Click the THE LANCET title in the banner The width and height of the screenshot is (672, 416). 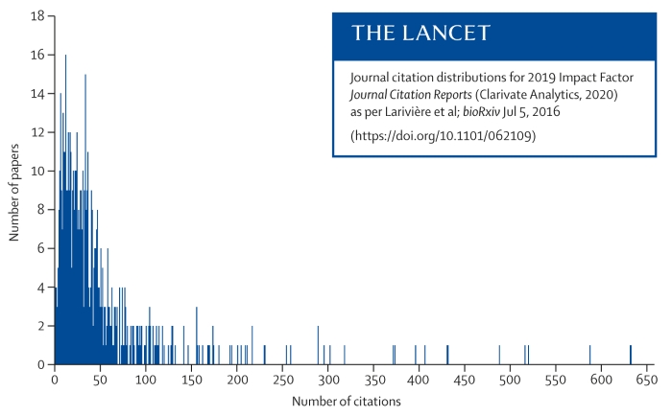click(x=421, y=34)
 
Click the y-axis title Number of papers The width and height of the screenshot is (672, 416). click(x=16, y=191)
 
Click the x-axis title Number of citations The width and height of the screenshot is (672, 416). click(x=346, y=400)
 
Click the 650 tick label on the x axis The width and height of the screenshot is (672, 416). click(x=646, y=379)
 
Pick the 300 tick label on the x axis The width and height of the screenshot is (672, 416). click(x=327, y=379)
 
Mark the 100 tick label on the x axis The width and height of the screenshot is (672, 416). click(x=145, y=379)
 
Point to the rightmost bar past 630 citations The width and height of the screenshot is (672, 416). click(x=631, y=355)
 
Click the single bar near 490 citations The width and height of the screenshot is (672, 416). click(x=499, y=355)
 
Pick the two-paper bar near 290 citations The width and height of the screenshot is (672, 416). click(x=318, y=345)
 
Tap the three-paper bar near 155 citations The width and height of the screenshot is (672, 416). click(x=197, y=335)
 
